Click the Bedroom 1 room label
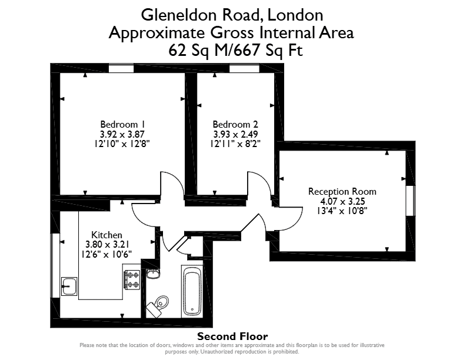[123, 124]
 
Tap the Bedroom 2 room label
[235, 124]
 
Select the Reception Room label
[342, 192]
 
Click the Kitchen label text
[106, 235]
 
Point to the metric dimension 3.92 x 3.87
[123, 134]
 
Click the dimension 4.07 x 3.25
[342, 201]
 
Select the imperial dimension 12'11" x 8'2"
[235, 144]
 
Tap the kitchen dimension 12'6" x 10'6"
[106, 254]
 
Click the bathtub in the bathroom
[192, 291]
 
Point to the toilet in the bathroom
[159, 305]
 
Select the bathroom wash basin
[153, 274]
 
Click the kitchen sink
[69, 286]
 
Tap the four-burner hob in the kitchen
[132, 280]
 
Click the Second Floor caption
[232, 336]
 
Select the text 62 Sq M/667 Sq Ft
[235, 50]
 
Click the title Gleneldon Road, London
[232, 15]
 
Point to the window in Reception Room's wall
[411, 201]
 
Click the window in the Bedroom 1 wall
[121, 69]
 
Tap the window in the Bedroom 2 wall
[244, 69]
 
